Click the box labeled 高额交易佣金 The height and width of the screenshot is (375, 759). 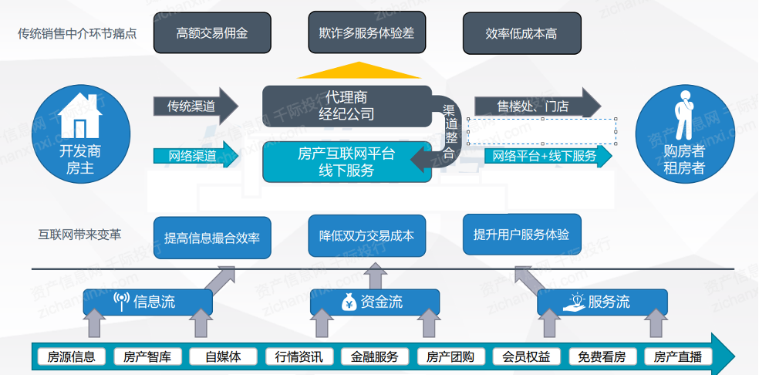tap(212, 33)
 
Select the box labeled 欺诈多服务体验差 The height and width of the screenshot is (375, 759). tap(366, 33)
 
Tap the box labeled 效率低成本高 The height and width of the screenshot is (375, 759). tap(521, 33)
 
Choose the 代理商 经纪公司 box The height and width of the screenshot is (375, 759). tap(346, 106)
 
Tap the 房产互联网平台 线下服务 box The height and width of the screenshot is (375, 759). tap(346, 163)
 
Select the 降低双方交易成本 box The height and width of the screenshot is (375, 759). tap(366, 235)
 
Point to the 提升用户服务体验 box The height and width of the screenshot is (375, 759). tap(521, 234)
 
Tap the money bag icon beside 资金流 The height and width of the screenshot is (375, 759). tap(349, 302)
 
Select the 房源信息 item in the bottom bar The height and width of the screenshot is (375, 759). tap(71, 356)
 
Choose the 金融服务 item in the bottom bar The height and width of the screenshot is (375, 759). tap(375, 356)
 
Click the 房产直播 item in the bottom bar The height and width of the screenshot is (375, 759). tap(677, 356)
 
